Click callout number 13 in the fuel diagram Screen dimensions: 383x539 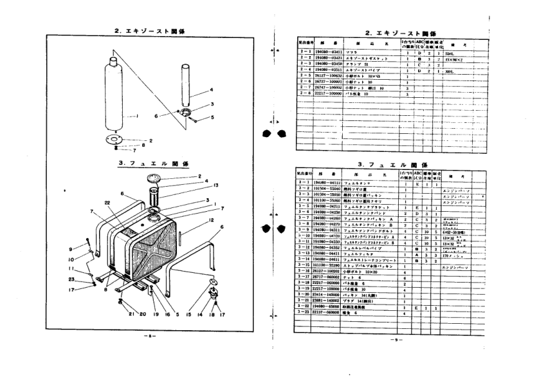pos(199,185)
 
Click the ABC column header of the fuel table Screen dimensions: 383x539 pos(420,174)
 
